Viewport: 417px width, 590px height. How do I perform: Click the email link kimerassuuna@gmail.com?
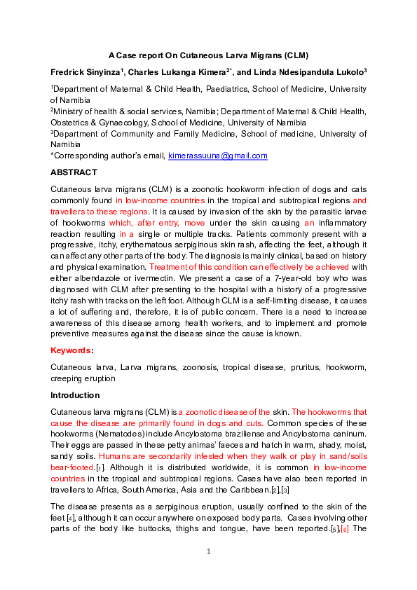click(x=218, y=156)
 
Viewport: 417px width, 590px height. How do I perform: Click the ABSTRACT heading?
click(x=74, y=172)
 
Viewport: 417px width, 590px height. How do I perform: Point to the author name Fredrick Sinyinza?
click(x=84, y=72)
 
